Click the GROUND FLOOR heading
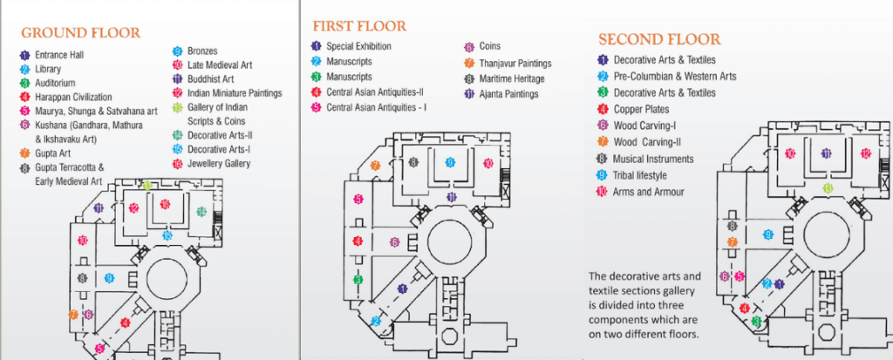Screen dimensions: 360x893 [80, 33]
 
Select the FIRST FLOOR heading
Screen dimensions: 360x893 [358, 25]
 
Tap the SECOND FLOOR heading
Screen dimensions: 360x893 [659, 39]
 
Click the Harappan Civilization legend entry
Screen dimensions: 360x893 [75, 97]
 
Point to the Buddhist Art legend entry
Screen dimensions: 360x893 [210, 78]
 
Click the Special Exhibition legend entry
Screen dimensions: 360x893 [358, 46]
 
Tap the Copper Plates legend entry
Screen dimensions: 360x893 [641, 109]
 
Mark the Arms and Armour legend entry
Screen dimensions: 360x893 [648, 192]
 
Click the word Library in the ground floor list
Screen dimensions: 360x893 [48, 69]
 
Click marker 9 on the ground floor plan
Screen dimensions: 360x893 [109, 278]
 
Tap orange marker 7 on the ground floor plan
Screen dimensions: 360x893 [73, 315]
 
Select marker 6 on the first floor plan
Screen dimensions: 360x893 [394, 242]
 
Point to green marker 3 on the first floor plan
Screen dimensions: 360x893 [358, 280]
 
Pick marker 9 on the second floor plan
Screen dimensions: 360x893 [767, 234]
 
